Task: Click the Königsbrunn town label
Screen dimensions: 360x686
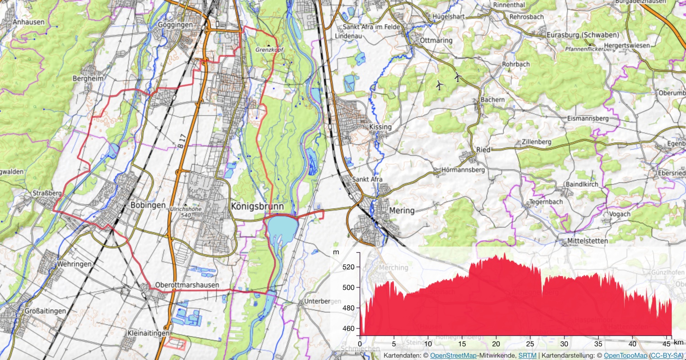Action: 257,206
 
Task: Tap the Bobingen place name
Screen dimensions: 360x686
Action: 148,205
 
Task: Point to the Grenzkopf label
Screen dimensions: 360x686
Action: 269,48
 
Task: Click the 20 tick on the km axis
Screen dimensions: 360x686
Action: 496,344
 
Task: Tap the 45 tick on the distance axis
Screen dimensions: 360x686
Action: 666,344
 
